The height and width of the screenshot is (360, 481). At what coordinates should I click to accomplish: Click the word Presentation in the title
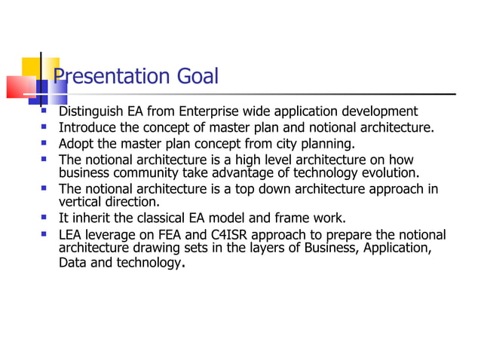point(105,76)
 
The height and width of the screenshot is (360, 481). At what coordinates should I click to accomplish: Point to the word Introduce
point(88,128)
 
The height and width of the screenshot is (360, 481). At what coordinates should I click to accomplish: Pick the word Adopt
point(76,144)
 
